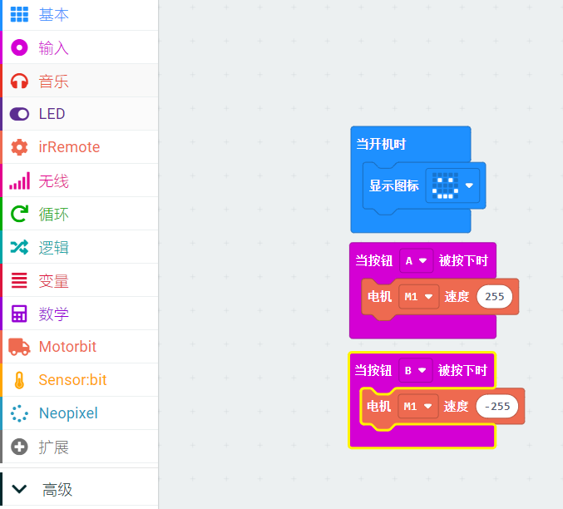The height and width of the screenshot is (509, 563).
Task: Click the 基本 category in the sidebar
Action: point(53,15)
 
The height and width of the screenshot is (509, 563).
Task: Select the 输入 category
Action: point(53,48)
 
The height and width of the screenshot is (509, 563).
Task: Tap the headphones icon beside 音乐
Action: point(19,82)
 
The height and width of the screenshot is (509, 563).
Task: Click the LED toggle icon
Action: point(19,114)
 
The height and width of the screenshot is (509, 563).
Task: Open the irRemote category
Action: point(68,147)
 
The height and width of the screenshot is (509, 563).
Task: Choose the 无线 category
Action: point(53,181)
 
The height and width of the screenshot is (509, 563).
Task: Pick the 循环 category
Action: point(53,215)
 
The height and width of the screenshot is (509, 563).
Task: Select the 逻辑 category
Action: point(53,248)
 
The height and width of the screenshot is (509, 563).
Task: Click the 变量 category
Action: point(53,281)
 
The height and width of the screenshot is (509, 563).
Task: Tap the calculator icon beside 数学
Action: point(19,314)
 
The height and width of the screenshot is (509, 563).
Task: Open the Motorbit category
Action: point(67,347)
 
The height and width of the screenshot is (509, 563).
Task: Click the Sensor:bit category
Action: point(72,380)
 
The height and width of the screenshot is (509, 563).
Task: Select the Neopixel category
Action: point(67,413)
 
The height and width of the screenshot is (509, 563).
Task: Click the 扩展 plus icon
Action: point(19,447)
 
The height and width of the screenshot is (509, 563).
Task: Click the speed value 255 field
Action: point(494,296)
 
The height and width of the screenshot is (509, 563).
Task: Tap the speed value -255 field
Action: point(497,406)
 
